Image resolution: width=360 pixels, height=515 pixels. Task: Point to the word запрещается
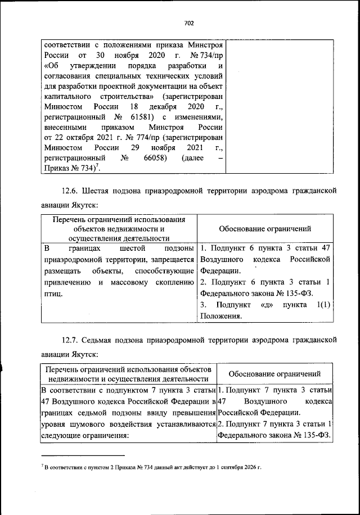click(x=173, y=259)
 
